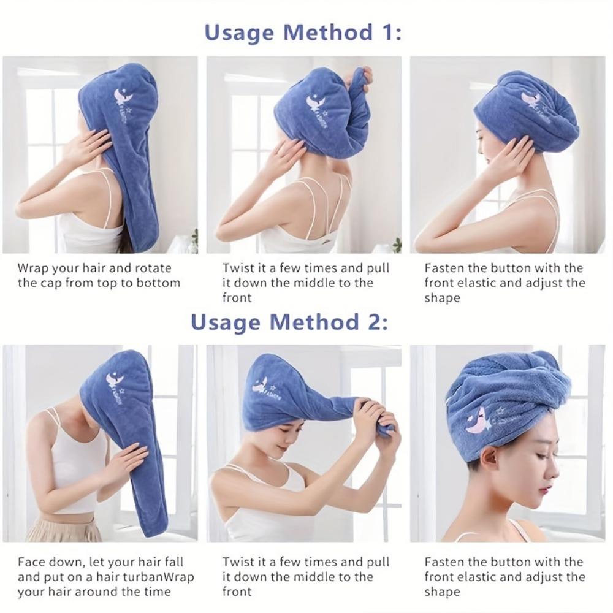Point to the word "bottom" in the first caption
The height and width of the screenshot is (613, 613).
pyautogui.click(x=160, y=283)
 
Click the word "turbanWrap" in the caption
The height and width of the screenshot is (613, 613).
pyautogui.click(x=161, y=577)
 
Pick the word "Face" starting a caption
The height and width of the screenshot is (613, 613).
pyautogui.click(x=31, y=562)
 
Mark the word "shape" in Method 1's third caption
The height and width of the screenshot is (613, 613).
pyautogui.click(x=442, y=298)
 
